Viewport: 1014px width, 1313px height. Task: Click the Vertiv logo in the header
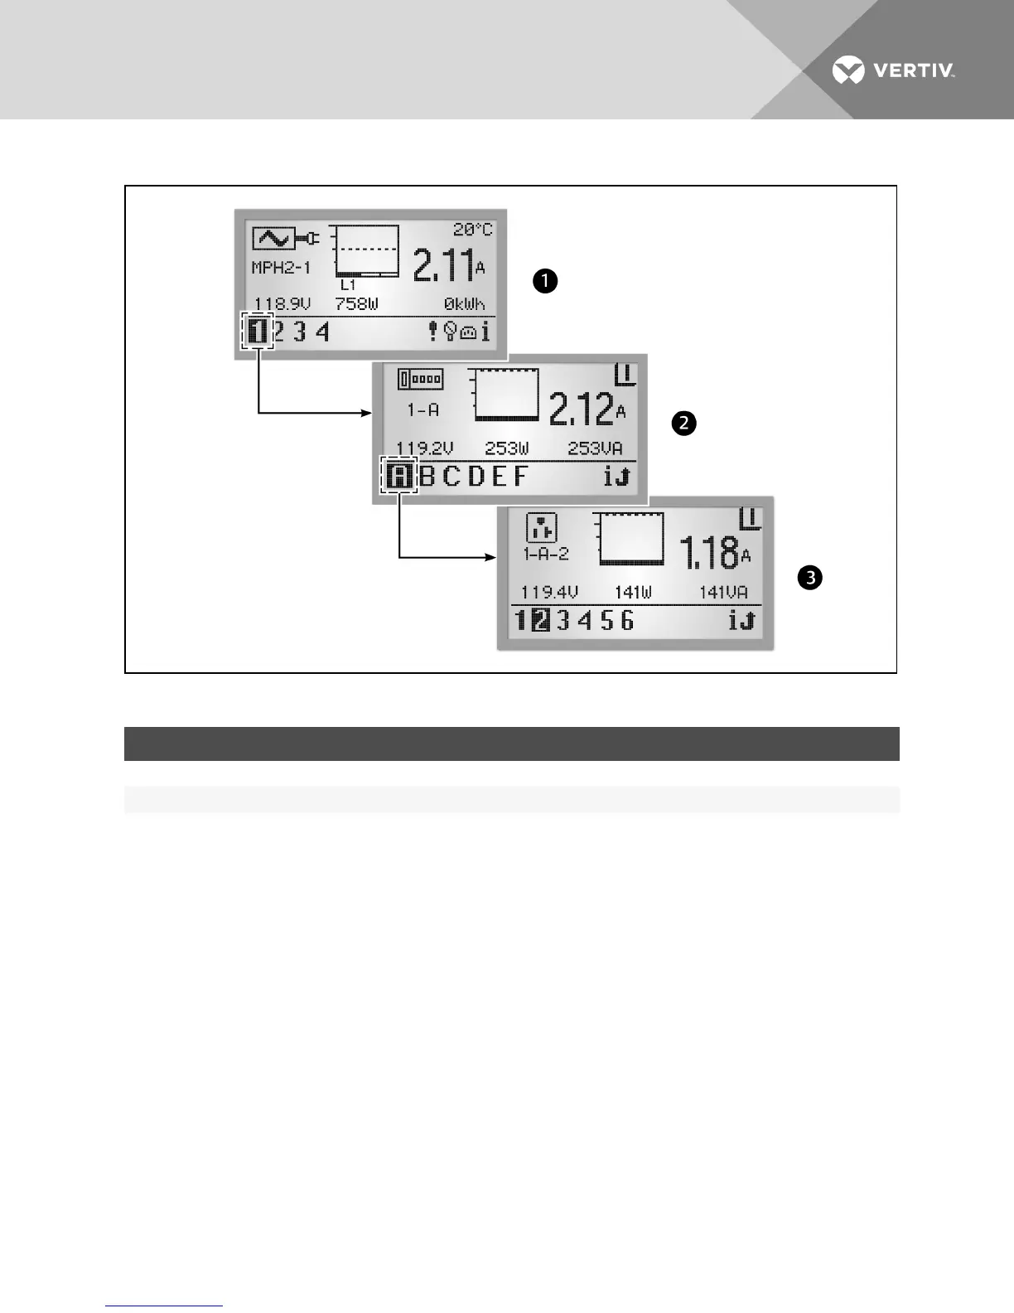click(893, 70)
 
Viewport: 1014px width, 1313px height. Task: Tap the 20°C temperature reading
click(472, 230)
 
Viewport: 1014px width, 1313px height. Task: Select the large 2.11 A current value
click(448, 265)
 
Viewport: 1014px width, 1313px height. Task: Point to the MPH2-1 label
click(281, 269)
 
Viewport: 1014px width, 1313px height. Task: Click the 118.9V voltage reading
click(282, 304)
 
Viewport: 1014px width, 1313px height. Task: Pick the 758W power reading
click(356, 304)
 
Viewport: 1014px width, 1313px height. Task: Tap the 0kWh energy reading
click(464, 304)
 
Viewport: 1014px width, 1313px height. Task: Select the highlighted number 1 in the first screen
click(258, 332)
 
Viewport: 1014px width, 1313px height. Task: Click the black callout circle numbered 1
click(545, 281)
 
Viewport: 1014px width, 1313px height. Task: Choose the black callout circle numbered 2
click(683, 424)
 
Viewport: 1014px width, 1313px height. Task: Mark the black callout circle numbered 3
click(809, 577)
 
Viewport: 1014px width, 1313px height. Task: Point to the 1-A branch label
click(422, 410)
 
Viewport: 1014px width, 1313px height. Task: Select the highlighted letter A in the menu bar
click(399, 477)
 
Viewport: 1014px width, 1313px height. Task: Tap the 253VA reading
click(595, 448)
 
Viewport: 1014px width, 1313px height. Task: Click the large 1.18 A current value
click(714, 553)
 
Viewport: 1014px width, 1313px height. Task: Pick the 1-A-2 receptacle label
click(546, 554)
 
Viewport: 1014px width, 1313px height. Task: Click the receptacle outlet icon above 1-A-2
click(542, 528)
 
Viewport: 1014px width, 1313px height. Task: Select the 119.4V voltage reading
click(549, 593)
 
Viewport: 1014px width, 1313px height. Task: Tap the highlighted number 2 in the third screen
click(540, 620)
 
